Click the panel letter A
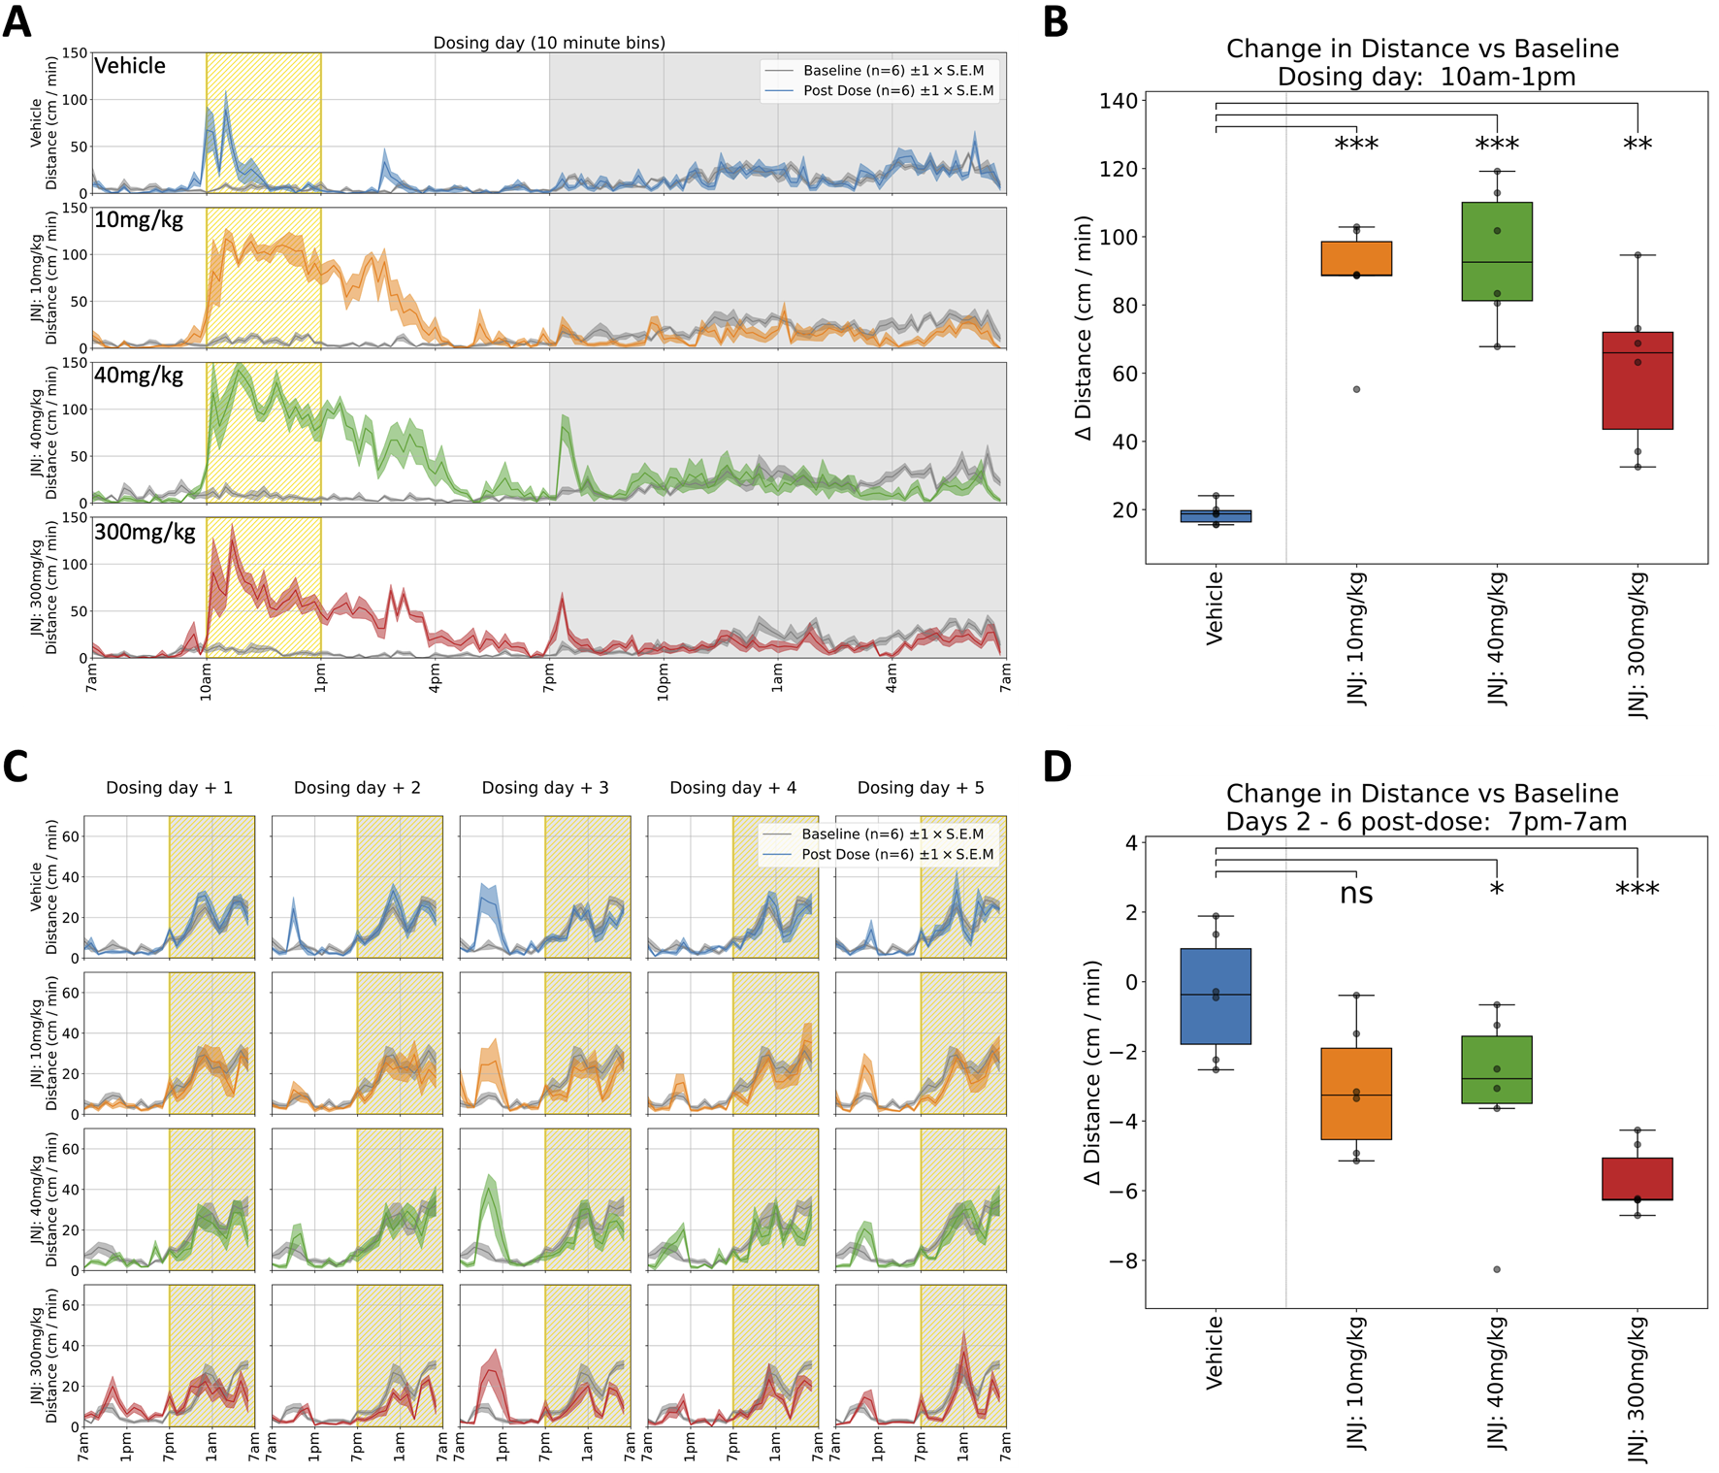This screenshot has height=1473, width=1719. [x=16, y=20]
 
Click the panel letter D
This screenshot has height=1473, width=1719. [x=1056, y=766]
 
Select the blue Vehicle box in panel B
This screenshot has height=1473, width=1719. [x=1216, y=515]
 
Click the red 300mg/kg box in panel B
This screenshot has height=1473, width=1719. [x=1638, y=380]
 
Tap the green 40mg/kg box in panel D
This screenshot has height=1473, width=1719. [x=1497, y=1069]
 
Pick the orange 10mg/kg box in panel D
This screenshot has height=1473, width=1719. [x=1356, y=1094]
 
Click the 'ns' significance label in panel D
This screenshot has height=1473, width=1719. [x=1356, y=893]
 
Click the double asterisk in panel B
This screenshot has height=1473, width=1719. [x=1638, y=146]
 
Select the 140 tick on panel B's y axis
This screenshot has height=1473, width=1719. [x=1118, y=101]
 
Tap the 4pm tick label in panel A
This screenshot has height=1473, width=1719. [x=437, y=676]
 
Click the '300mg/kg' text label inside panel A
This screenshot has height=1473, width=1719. [x=145, y=532]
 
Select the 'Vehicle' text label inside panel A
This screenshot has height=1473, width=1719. [x=130, y=66]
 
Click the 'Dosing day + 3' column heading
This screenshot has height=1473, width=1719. [x=545, y=788]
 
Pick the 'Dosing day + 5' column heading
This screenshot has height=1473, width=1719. [x=921, y=788]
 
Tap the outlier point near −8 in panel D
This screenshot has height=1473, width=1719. [x=1497, y=1269]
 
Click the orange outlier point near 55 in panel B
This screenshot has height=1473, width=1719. [x=1356, y=389]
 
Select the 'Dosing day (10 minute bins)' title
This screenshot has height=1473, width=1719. [x=549, y=43]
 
